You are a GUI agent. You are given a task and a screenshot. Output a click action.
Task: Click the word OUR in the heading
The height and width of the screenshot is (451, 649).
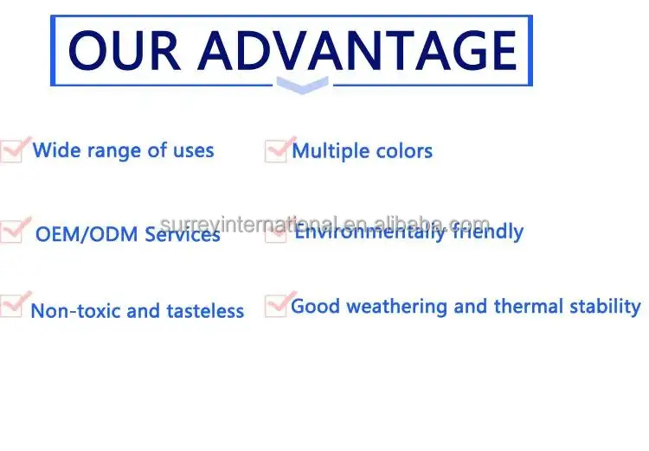(x=124, y=51)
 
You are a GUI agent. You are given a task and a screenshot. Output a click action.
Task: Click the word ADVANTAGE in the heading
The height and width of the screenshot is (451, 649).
(x=357, y=51)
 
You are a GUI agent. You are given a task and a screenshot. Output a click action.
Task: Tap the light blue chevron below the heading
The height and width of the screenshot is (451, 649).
(x=303, y=86)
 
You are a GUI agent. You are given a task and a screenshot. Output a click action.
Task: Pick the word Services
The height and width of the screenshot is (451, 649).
(x=183, y=234)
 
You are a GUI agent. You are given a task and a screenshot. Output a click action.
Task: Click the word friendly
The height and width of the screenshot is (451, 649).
(x=488, y=232)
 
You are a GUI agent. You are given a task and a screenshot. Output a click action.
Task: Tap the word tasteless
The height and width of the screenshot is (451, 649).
(x=205, y=311)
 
